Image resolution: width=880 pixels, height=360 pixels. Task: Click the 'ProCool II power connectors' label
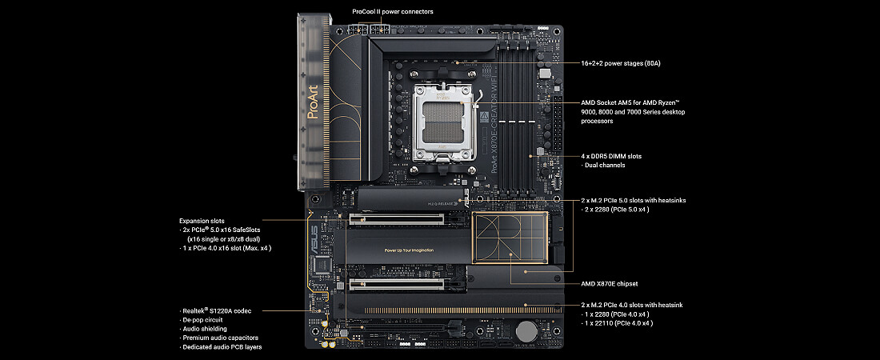393,11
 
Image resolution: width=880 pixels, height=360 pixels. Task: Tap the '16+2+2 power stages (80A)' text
621,63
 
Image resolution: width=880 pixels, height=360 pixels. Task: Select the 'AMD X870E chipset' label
610,284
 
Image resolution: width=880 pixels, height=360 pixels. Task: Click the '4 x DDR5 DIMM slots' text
611,156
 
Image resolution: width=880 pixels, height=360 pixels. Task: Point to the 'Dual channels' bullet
603,165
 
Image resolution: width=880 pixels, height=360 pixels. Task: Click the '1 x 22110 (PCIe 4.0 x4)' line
618,323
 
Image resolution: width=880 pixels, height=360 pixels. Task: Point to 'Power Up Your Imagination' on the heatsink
409,250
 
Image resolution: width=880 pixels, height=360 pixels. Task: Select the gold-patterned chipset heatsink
510,238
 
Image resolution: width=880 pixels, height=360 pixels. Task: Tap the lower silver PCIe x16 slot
407,284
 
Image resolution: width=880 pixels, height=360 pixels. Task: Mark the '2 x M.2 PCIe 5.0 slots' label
616,200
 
